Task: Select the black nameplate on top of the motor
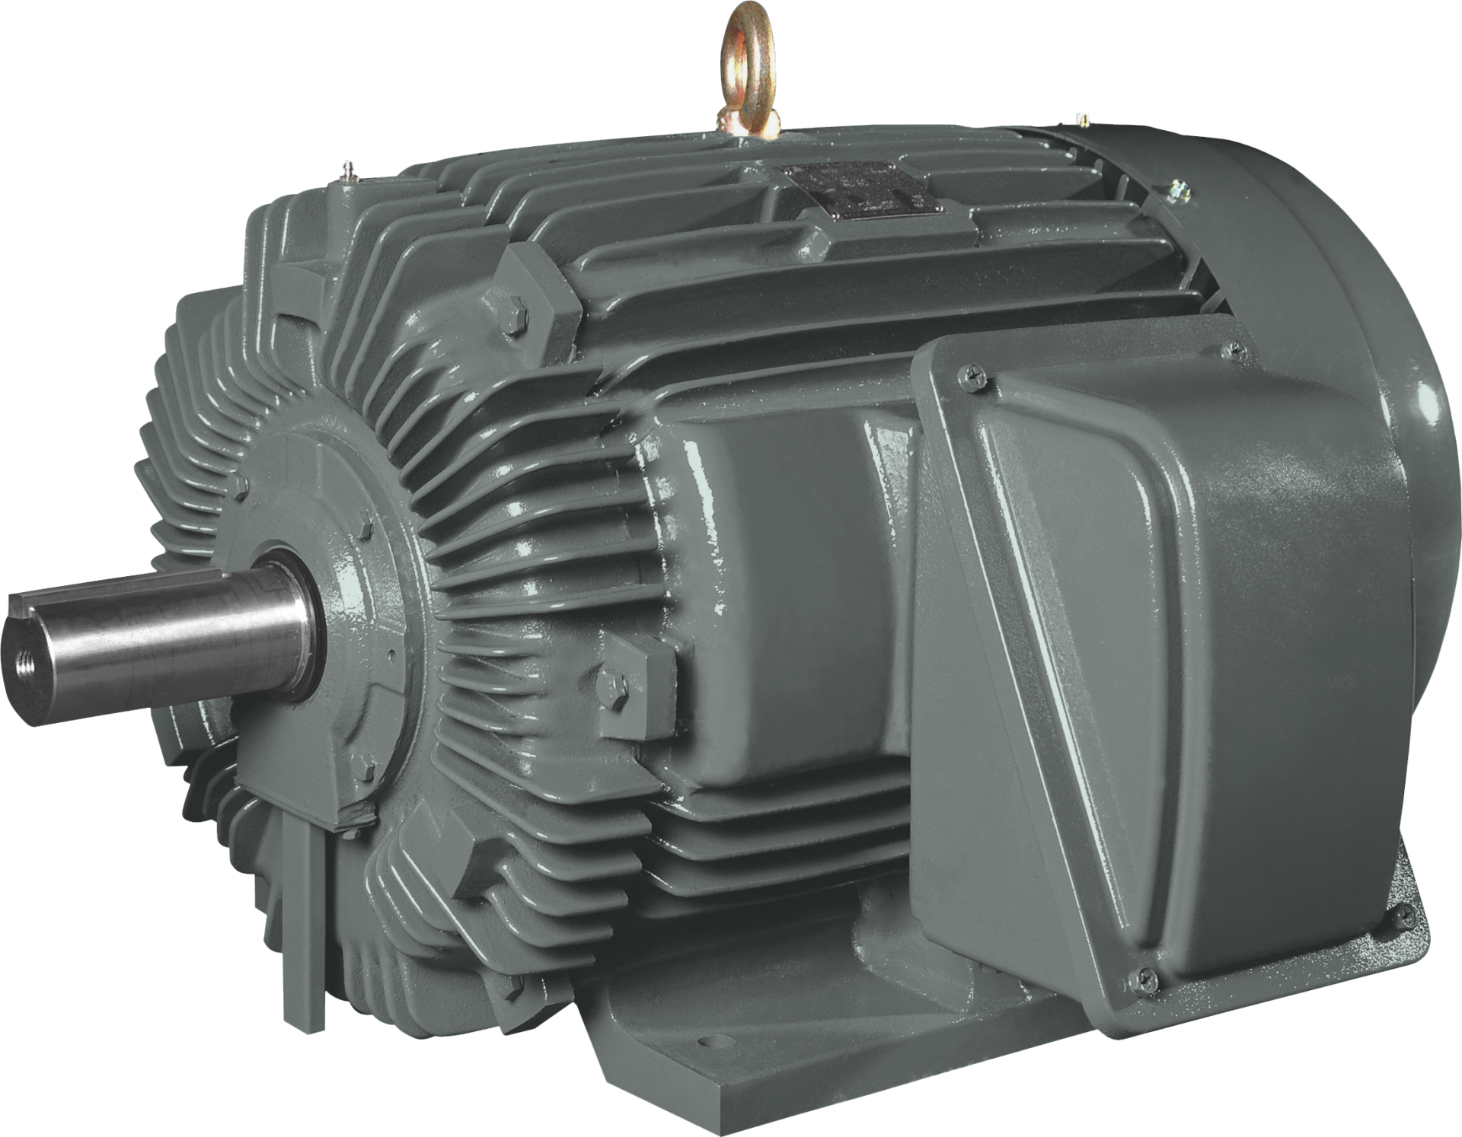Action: coord(861,184)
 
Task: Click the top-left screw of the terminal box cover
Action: coord(976,372)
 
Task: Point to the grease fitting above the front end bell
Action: coord(348,169)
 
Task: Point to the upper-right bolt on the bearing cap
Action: coord(366,524)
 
